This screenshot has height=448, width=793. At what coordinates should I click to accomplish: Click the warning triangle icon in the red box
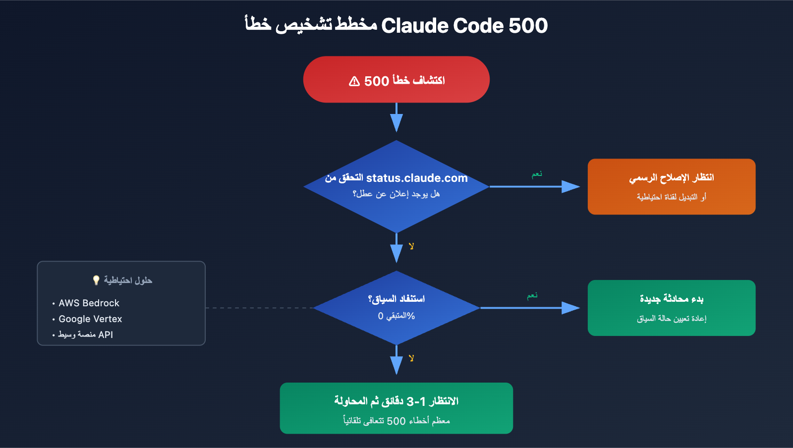[354, 81]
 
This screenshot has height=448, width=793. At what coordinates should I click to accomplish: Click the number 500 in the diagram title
[528, 26]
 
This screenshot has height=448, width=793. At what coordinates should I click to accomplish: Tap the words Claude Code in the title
[442, 26]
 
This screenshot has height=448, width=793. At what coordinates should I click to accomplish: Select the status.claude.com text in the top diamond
[416, 178]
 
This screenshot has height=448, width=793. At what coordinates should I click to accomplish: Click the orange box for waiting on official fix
[671, 186]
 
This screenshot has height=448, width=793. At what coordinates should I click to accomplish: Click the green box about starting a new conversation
[671, 308]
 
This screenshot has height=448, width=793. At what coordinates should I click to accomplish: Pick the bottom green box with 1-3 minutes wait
[396, 408]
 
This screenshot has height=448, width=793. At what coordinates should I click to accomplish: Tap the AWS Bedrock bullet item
[89, 303]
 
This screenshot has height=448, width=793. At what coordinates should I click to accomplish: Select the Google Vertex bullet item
[90, 319]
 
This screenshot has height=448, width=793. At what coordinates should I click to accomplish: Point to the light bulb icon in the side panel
[96, 280]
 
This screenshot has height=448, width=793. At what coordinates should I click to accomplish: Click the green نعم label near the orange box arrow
[537, 174]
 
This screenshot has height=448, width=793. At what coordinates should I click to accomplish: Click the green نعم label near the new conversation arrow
[532, 296]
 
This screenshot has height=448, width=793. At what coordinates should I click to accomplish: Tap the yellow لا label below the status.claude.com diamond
[411, 246]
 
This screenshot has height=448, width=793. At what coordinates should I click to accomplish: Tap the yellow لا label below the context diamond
[411, 358]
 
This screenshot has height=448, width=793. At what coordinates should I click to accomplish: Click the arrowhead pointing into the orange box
[570, 186]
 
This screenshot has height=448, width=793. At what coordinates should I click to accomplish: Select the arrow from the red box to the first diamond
[396, 117]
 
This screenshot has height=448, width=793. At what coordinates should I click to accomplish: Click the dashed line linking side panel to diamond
[258, 308]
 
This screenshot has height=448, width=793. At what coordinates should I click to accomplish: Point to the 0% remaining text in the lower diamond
[396, 316]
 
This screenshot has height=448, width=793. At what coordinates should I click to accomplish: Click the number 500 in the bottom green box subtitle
[396, 421]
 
